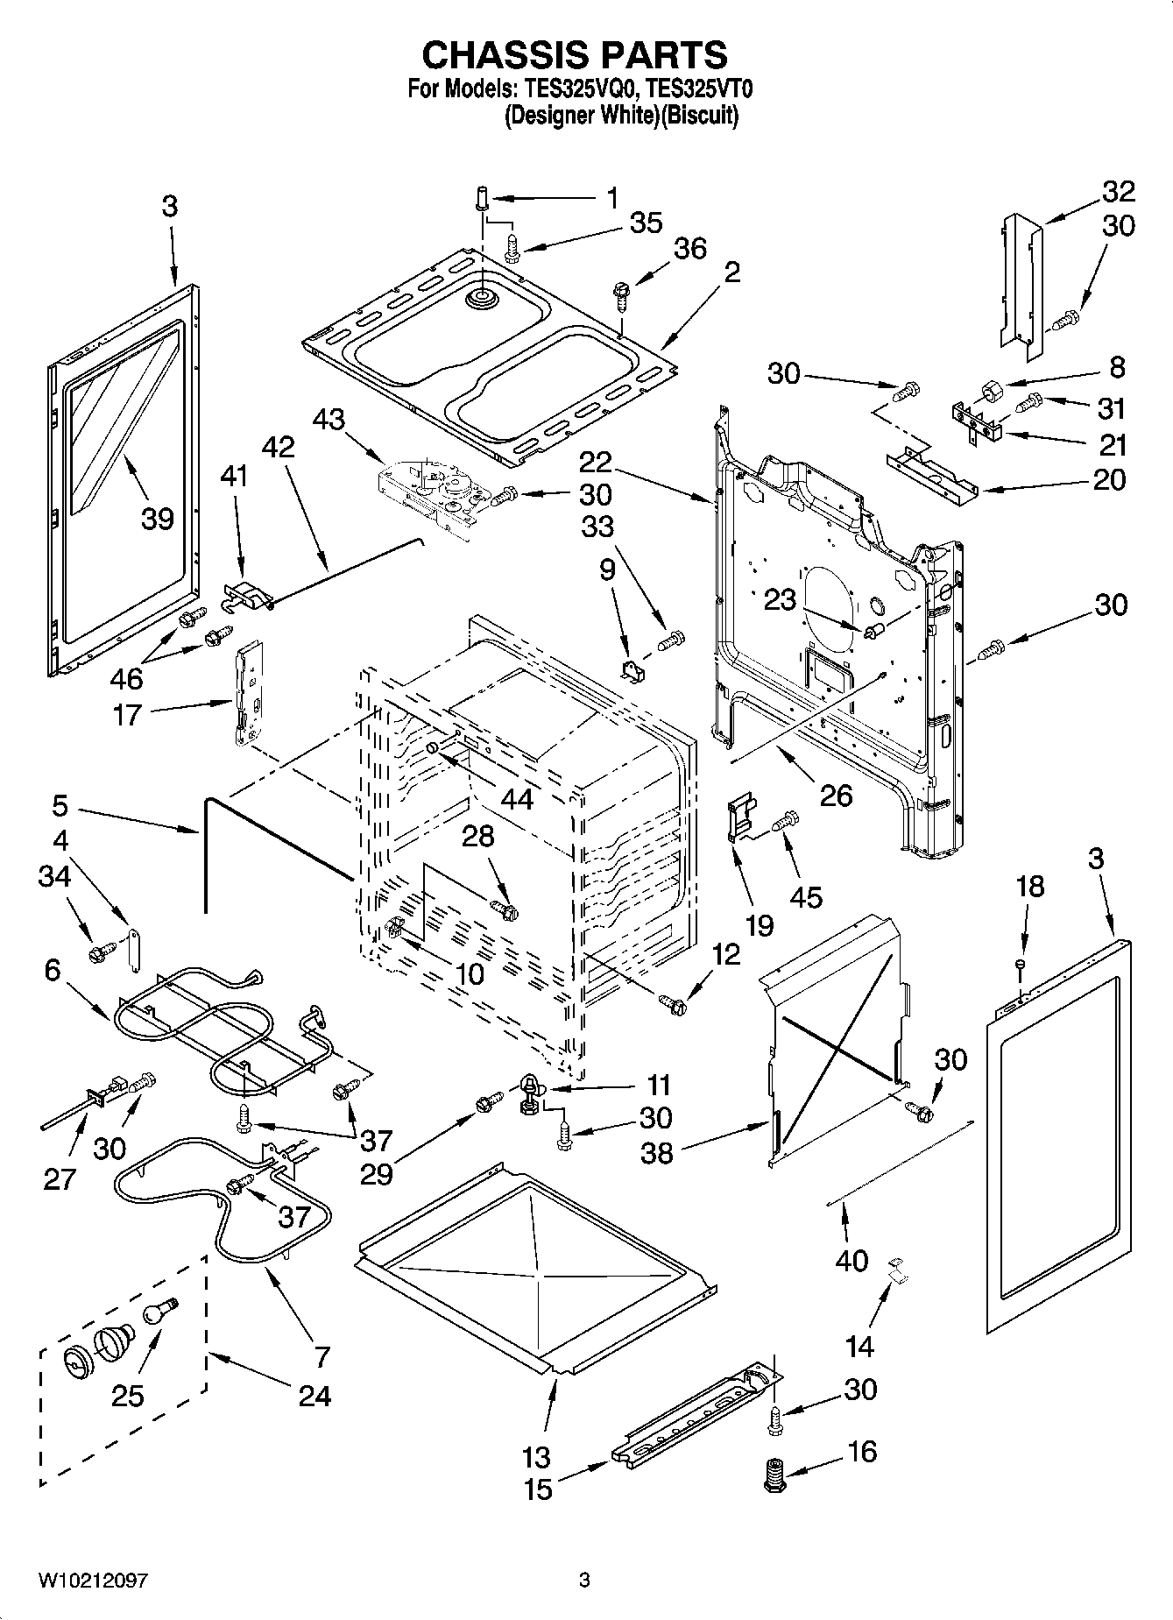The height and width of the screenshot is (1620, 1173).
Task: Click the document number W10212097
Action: pyautogui.click(x=93, y=1580)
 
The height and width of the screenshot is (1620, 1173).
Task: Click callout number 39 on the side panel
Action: pyautogui.click(x=159, y=518)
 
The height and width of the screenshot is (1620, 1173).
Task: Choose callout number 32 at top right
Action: pyautogui.click(x=1119, y=191)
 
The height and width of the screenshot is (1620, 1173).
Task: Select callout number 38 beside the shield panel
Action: pyautogui.click(x=656, y=1152)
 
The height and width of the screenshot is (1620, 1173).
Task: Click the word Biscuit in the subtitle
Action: pyautogui.click(x=697, y=115)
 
